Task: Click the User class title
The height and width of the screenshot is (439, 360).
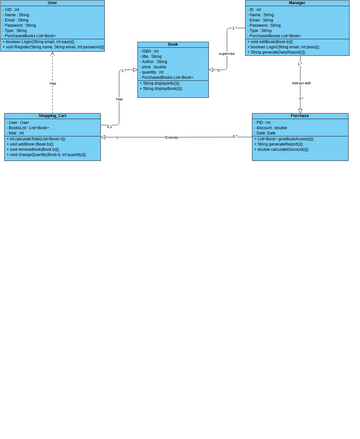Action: tap(52, 3)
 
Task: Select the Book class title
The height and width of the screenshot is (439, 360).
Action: tap(172, 45)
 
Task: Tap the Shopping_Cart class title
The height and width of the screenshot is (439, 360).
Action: tap(52, 116)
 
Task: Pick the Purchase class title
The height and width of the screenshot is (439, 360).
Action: tap(300, 116)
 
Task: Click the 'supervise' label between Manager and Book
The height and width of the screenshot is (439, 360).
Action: tap(227, 54)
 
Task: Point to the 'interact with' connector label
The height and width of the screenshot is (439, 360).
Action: tap(301, 83)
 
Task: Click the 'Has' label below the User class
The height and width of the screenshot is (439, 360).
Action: tap(53, 83)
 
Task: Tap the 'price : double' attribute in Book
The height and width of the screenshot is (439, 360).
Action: tap(155, 66)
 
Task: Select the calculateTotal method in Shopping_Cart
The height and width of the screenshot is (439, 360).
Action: tap(50, 139)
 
